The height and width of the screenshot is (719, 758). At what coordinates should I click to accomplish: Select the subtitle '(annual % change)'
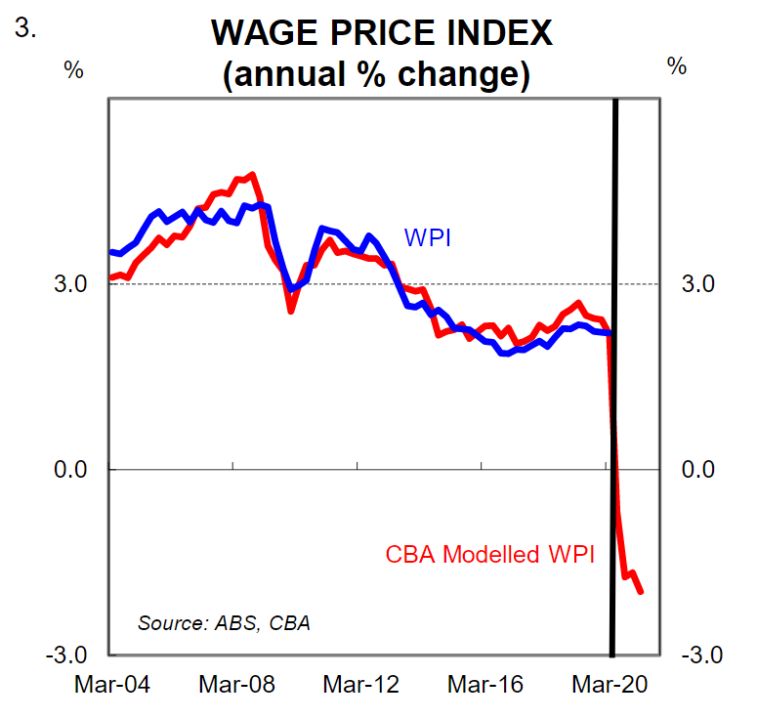click(380, 74)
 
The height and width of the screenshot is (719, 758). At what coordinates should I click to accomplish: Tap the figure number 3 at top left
click(25, 28)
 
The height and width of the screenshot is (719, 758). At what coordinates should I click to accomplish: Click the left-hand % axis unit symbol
click(73, 69)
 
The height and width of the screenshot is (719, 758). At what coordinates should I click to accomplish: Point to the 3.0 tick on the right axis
click(695, 284)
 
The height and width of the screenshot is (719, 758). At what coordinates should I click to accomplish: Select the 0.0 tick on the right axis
click(695, 470)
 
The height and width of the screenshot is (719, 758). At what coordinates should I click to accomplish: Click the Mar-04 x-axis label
click(111, 685)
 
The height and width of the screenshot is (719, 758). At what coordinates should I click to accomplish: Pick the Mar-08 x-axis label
click(235, 685)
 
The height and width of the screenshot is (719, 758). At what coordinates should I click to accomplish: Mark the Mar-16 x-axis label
click(484, 685)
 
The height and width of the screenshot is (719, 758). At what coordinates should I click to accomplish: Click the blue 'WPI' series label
click(427, 237)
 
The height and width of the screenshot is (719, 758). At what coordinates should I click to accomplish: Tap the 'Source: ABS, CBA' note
click(225, 622)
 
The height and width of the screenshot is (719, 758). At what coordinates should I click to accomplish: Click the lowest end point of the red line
click(642, 591)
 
